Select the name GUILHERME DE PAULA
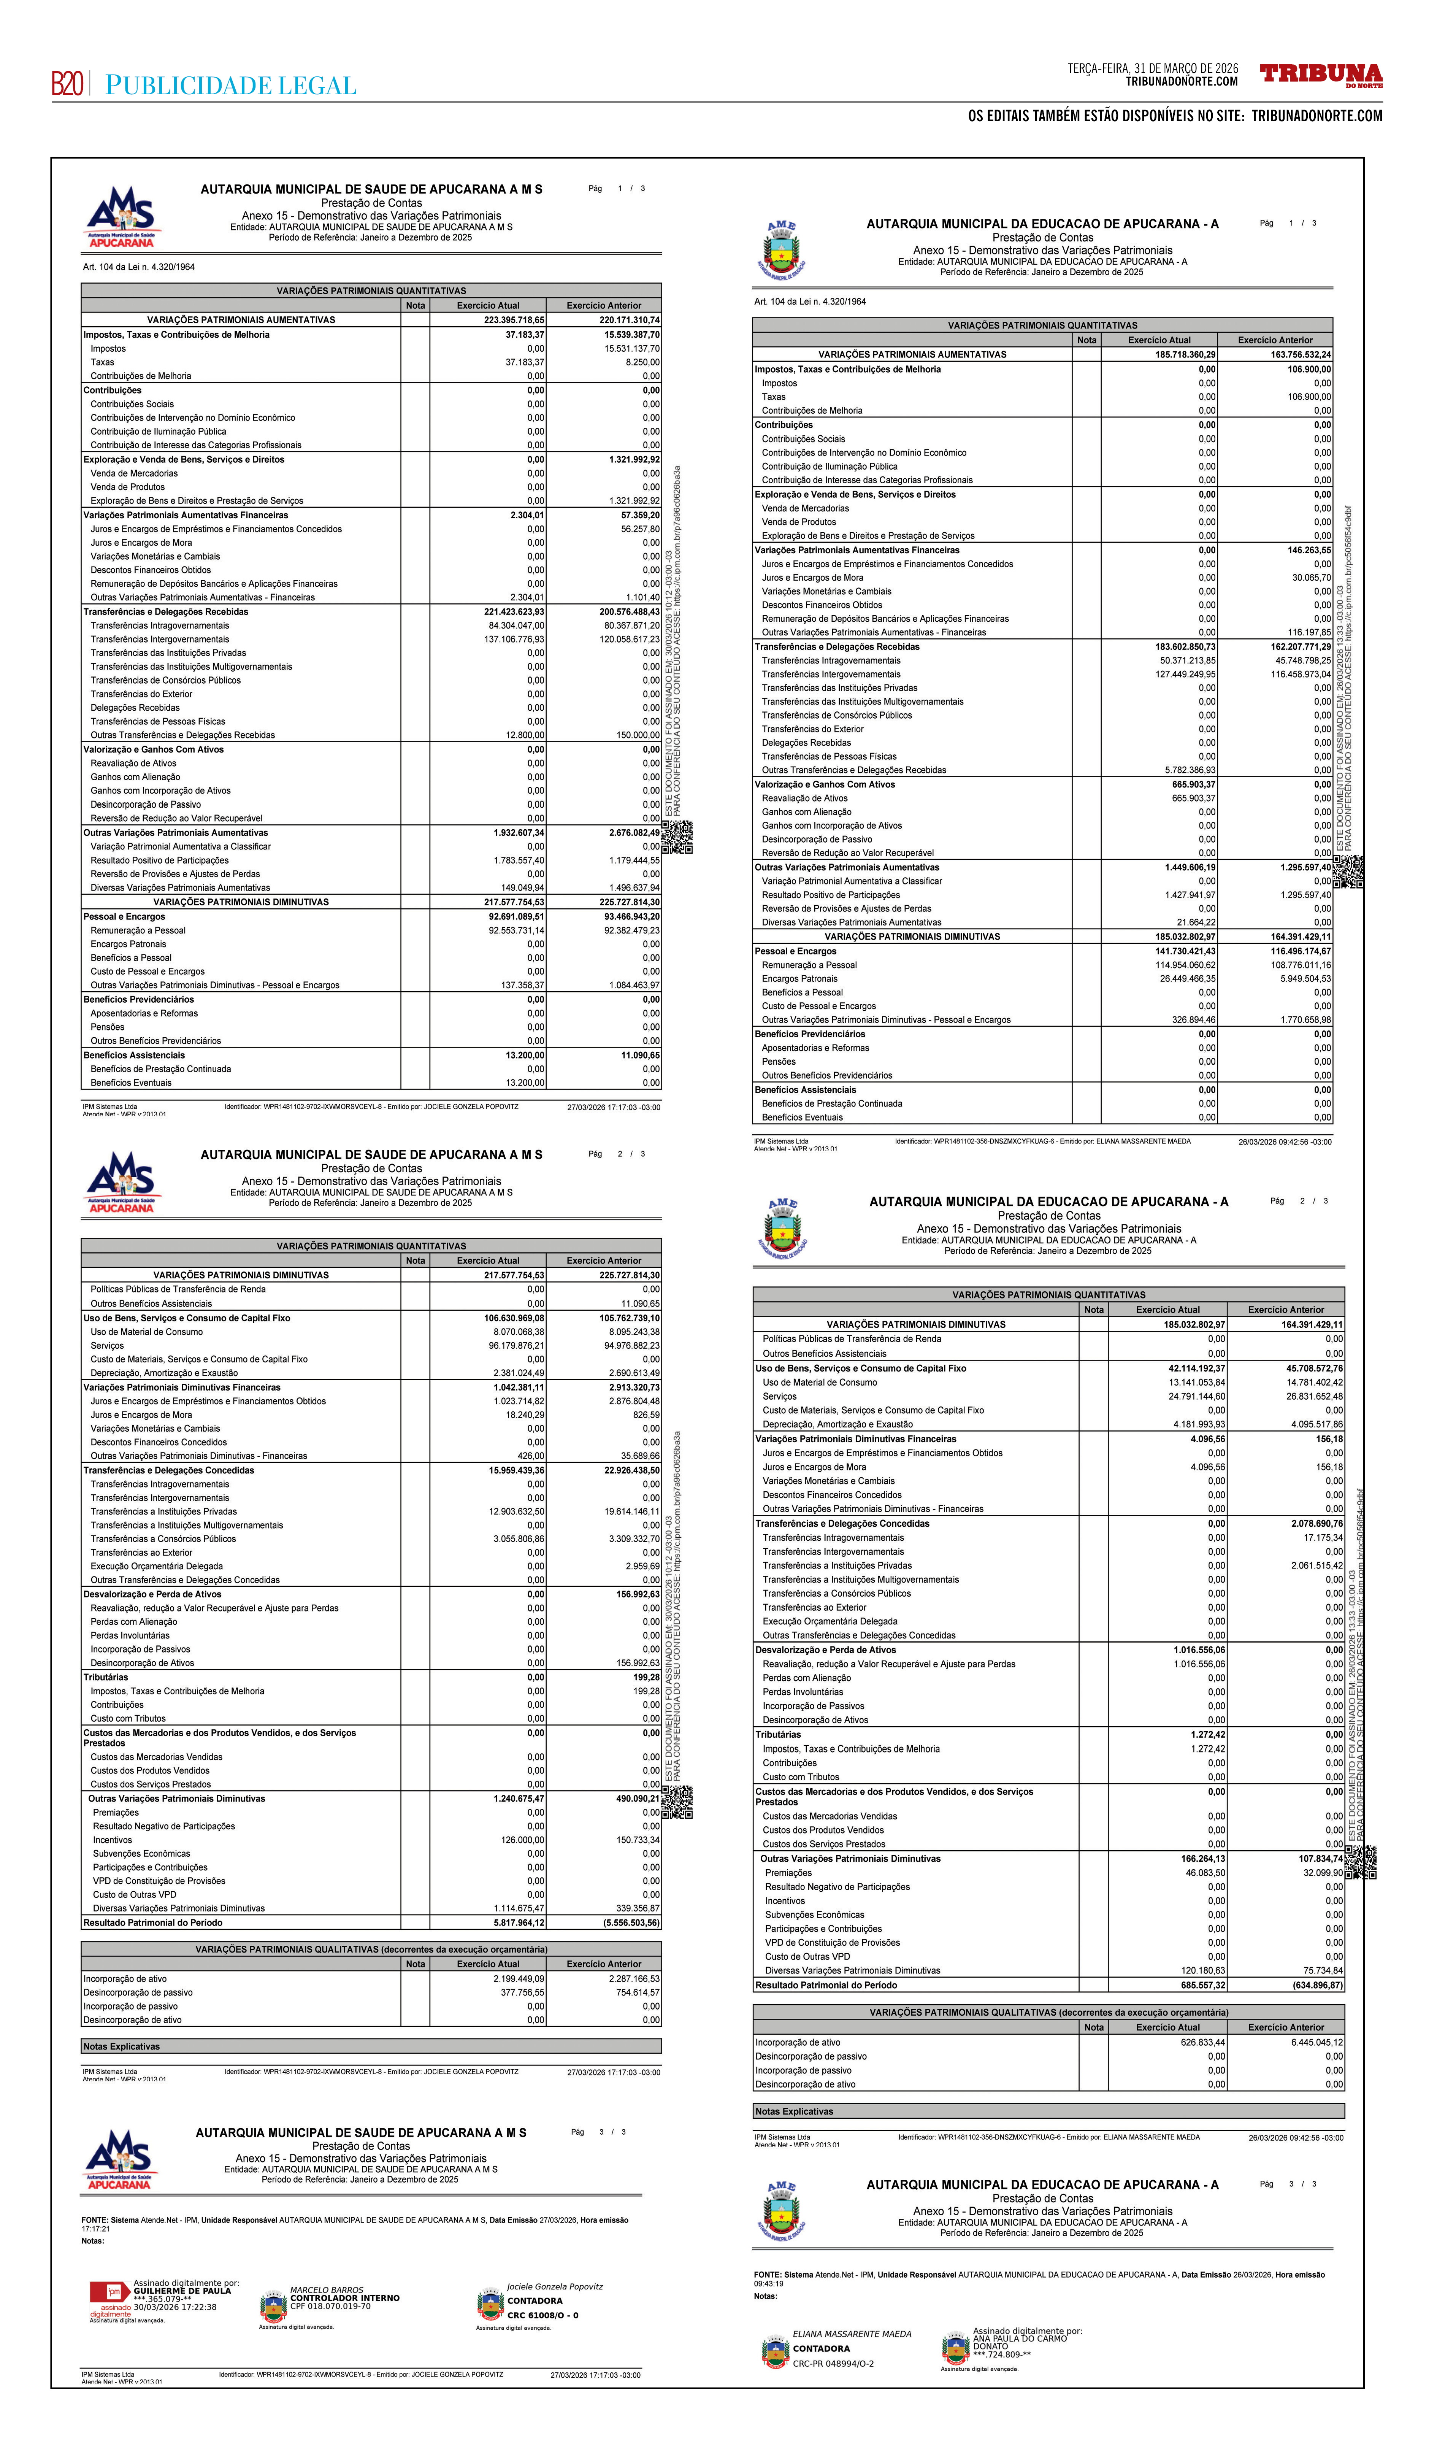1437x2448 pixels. tap(182, 2291)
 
